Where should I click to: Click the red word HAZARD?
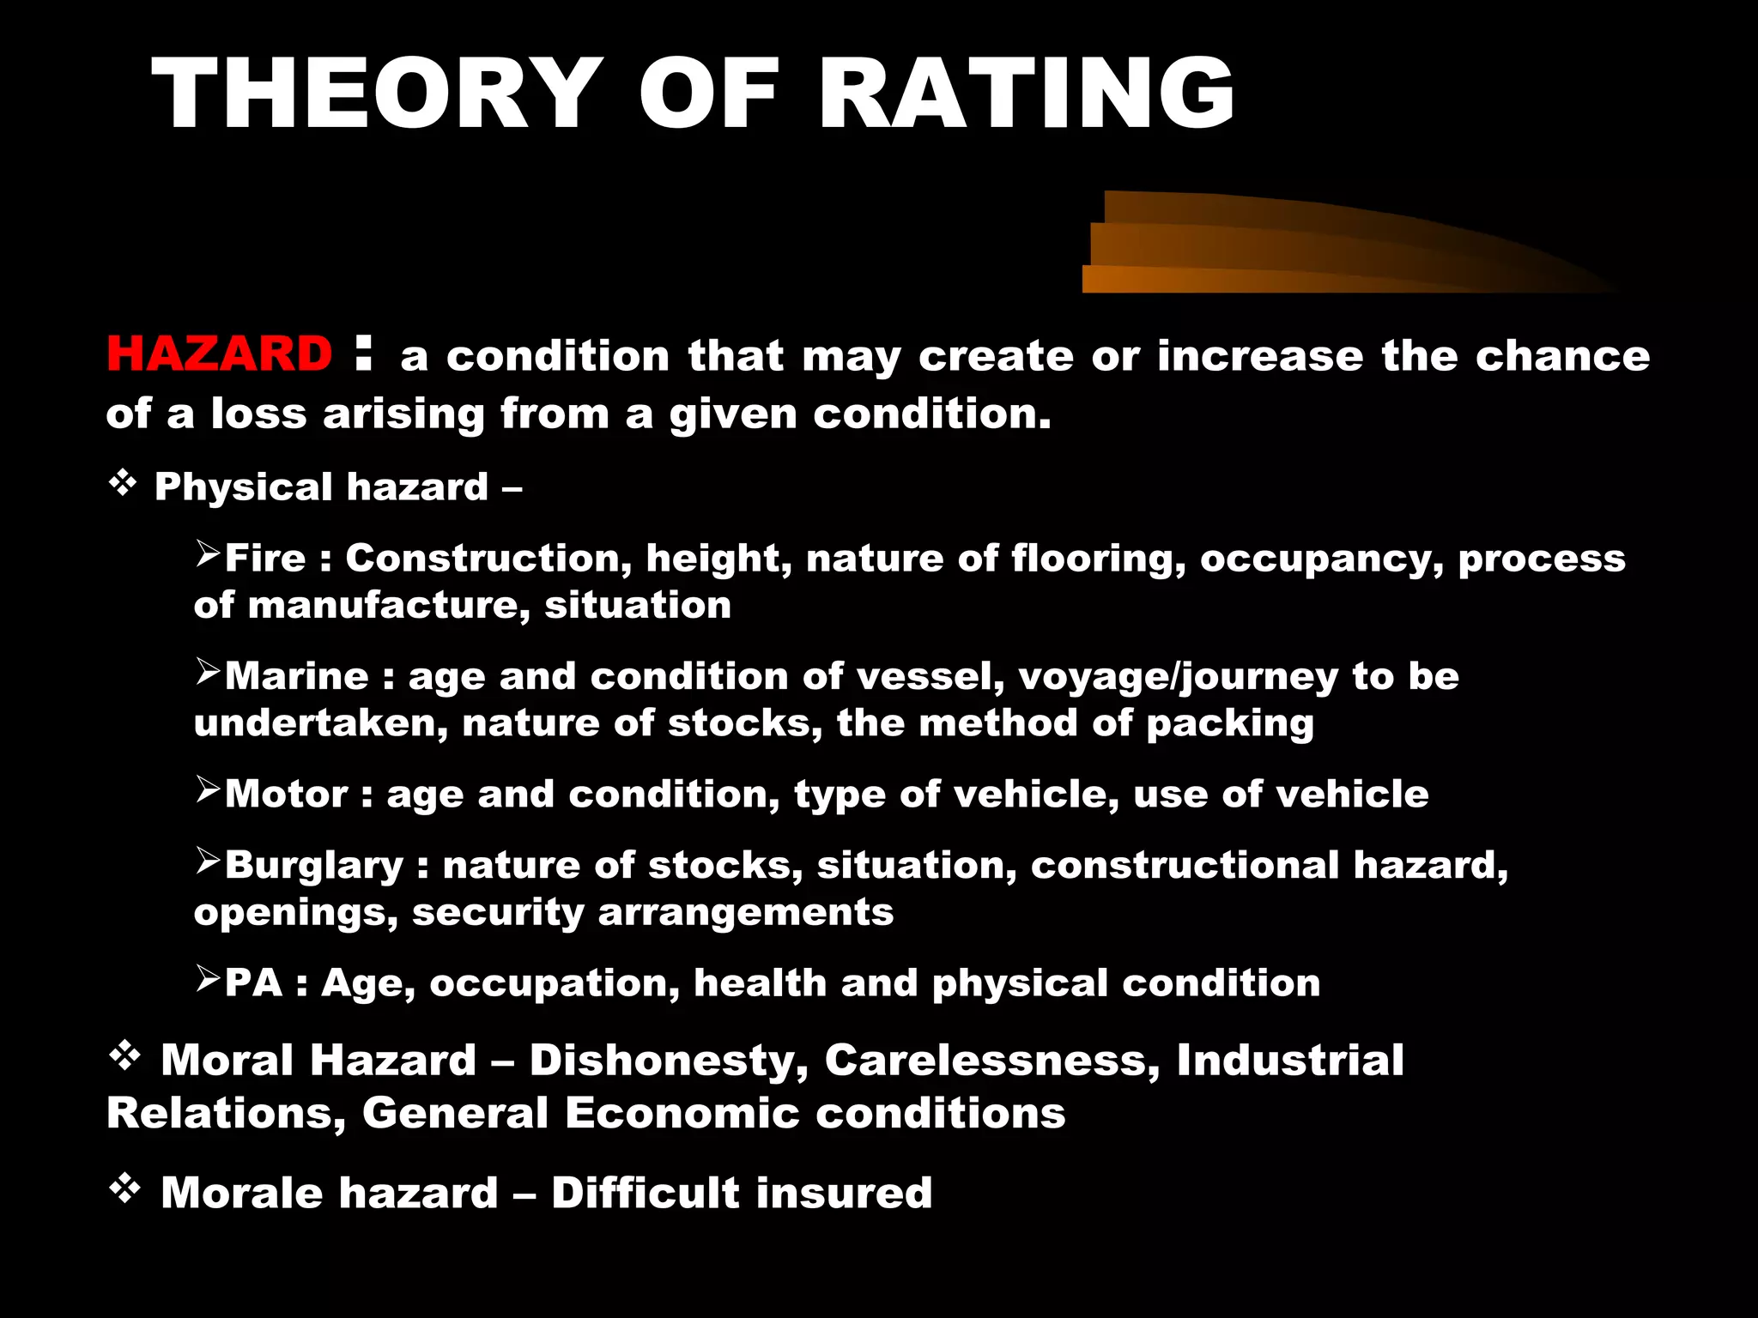point(219,354)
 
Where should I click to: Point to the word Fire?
point(265,559)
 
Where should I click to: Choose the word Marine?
point(297,676)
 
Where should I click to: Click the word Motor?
point(286,794)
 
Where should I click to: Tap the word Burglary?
point(314,865)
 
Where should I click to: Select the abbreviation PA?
point(253,982)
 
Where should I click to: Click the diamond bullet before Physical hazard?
point(124,484)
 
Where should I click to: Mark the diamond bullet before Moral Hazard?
point(125,1056)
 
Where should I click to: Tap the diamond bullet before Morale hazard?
point(125,1189)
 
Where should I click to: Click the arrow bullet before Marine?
point(208,672)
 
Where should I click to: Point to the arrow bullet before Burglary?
point(208,860)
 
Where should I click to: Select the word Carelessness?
point(992,1061)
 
